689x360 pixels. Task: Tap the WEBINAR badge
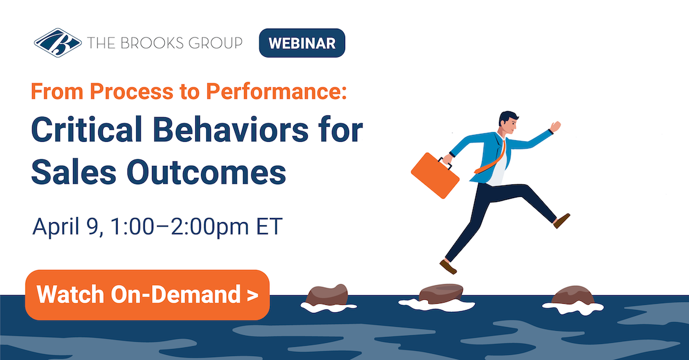click(x=302, y=43)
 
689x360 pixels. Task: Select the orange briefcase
click(x=435, y=174)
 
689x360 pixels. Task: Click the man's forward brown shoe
click(x=562, y=220)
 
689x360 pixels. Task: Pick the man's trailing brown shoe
click(x=448, y=267)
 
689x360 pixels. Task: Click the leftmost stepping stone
click(x=327, y=295)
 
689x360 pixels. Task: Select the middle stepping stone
click(x=441, y=294)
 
